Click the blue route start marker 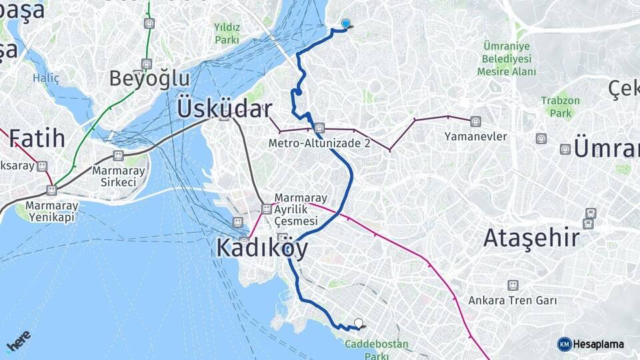pyautogui.click(x=345, y=24)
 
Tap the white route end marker pyautogui.click(x=359, y=323)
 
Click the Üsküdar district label pyautogui.click(x=224, y=109)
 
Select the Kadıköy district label pyautogui.click(x=262, y=249)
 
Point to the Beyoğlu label pyautogui.click(x=149, y=79)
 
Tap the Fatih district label pyautogui.click(x=37, y=138)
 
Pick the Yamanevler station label pyautogui.click(x=475, y=137)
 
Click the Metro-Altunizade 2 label pyautogui.click(x=319, y=143)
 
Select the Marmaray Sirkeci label pyautogui.click(x=118, y=175)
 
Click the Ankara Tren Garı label pyautogui.click(x=512, y=301)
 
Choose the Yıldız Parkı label pyautogui.click(x=227, y=33)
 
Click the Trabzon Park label pyautogui.click(x=560, y=107)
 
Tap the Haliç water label pyautogui.click(x=46, y=78)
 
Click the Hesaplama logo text pyautogui.click(x=598, y=344)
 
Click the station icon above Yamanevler pyautogui.click(x=475, y=121)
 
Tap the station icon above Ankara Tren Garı pyautogui.click(x=512, y=285)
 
